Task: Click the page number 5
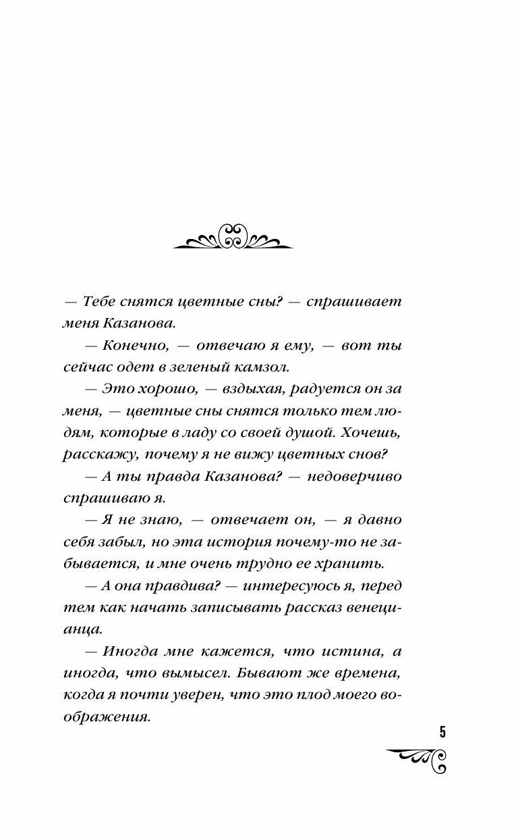(x=442, y=733)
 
